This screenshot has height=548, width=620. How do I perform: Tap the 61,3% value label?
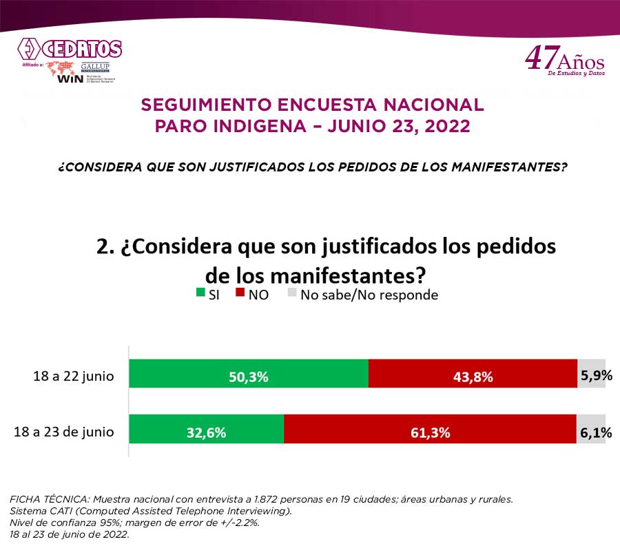pyautogui.click(x=431, y=433)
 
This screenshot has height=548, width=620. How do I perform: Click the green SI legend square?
pyautogui.click(x=200, y=294)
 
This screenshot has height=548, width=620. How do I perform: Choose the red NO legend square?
pyautogui.click(x=240, y=294)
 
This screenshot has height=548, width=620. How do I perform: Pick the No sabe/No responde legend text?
pyautogui.click(x=369, y=295)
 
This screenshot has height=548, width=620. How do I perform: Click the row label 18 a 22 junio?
pyautogui.click(x=74, y=377)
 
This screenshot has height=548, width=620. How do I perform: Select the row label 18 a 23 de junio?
pyautogui.click(x=64, y=432)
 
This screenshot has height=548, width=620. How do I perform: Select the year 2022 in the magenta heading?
pyautogui.click(x=446, y=127)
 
